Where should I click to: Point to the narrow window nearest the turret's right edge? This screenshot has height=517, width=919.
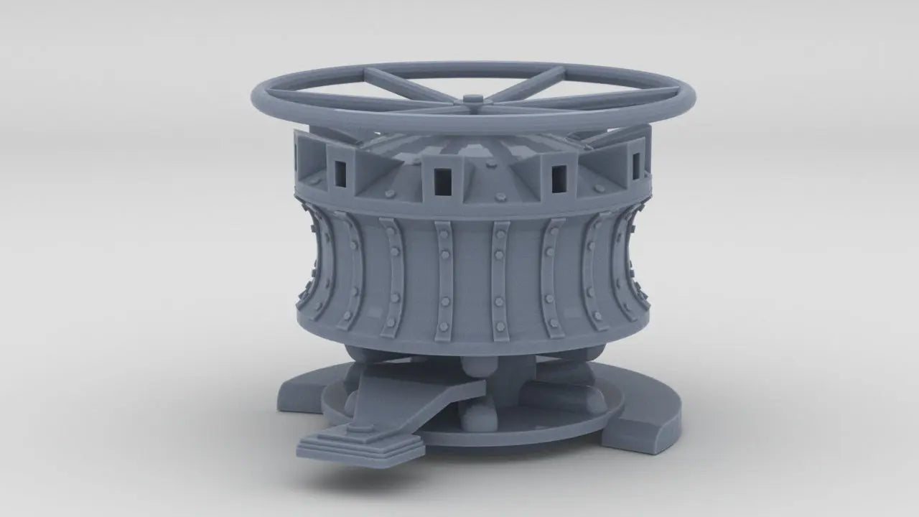(635, 167)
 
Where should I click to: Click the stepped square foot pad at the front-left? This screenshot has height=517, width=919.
(359, 443)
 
